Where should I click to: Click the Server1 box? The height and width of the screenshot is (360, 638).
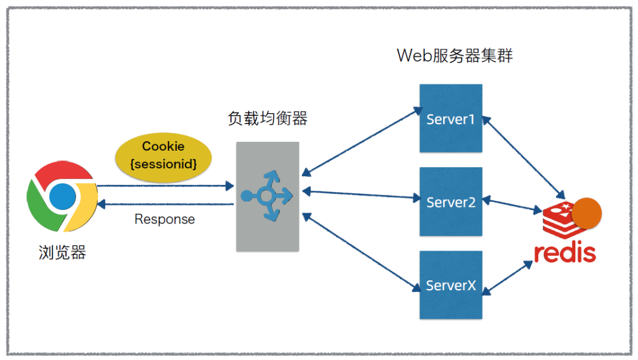pos(451,118)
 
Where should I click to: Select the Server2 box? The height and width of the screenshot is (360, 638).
pos(451,202)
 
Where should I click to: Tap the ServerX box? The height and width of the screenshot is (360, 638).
pos(451,285)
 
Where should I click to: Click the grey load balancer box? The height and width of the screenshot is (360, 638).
pos(268,196)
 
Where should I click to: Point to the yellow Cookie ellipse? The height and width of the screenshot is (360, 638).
pos(163,158)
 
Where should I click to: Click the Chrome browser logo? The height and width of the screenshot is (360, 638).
pos(62,196)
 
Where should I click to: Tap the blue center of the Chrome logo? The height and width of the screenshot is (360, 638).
pos(63,196)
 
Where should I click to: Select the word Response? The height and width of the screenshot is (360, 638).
pos(164,219)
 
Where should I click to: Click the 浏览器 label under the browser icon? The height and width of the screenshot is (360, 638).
pos(62,252)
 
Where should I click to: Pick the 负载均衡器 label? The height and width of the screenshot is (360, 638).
pos(268,118)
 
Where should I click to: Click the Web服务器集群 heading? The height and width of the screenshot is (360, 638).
pos(454,56)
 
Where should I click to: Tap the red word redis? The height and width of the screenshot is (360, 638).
pos(565,252)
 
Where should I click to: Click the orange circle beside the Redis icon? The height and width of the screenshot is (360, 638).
pos(587,213)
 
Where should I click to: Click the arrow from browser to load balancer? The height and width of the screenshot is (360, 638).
pos(165,186)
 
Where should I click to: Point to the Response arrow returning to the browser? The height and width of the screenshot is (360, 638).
pos(165,204)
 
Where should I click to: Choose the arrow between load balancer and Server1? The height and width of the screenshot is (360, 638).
pos(362,142)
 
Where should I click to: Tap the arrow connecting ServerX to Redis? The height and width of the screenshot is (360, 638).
pos(508,278)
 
